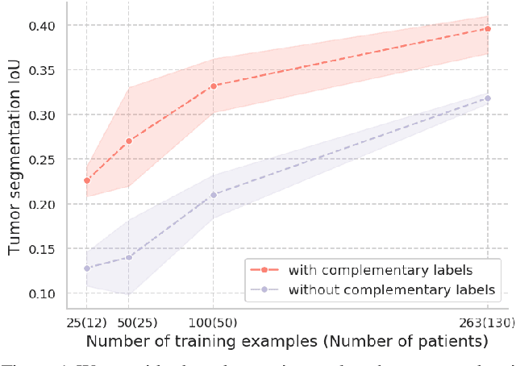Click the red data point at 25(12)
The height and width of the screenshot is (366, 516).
(87, 181)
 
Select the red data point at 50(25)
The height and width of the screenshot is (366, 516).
(129, 141)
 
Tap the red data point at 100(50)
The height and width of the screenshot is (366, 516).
(213, 85)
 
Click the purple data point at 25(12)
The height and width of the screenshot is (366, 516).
(87, 268)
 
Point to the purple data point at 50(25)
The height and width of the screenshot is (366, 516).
(129, 257)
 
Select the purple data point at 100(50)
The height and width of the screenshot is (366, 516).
(213, 194)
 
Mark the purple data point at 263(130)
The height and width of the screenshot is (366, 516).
(487, 98)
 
